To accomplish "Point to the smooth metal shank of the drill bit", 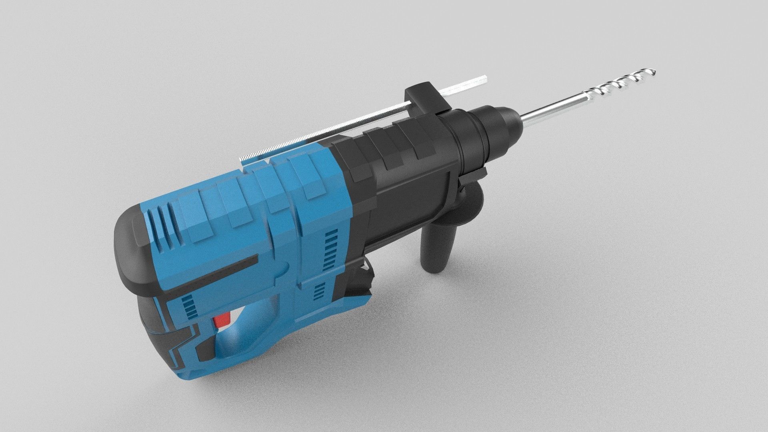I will tap(552, 107).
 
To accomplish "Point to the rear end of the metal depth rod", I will tap(243, 159).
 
